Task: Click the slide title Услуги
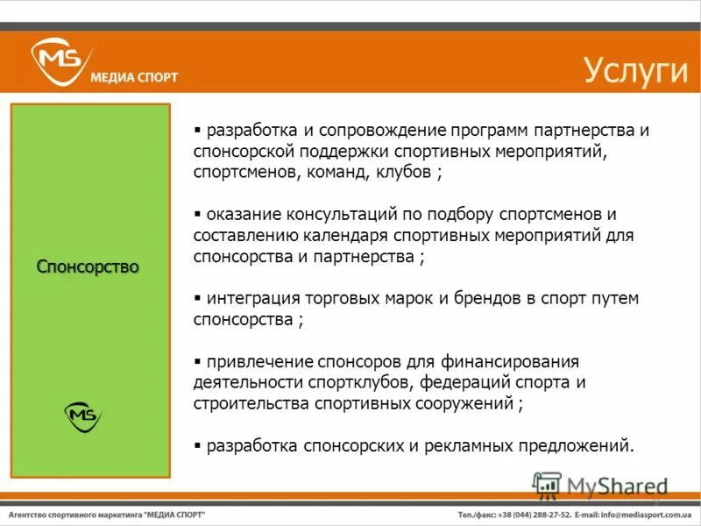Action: [x=636, y=70]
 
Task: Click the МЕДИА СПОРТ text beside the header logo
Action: [x=134, y=77]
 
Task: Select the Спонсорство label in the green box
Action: [x=88, y=267]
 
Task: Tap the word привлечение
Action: [x=255, y=361]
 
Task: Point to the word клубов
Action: [x=403, y=172]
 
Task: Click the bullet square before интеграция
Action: [x=198, y=298]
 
